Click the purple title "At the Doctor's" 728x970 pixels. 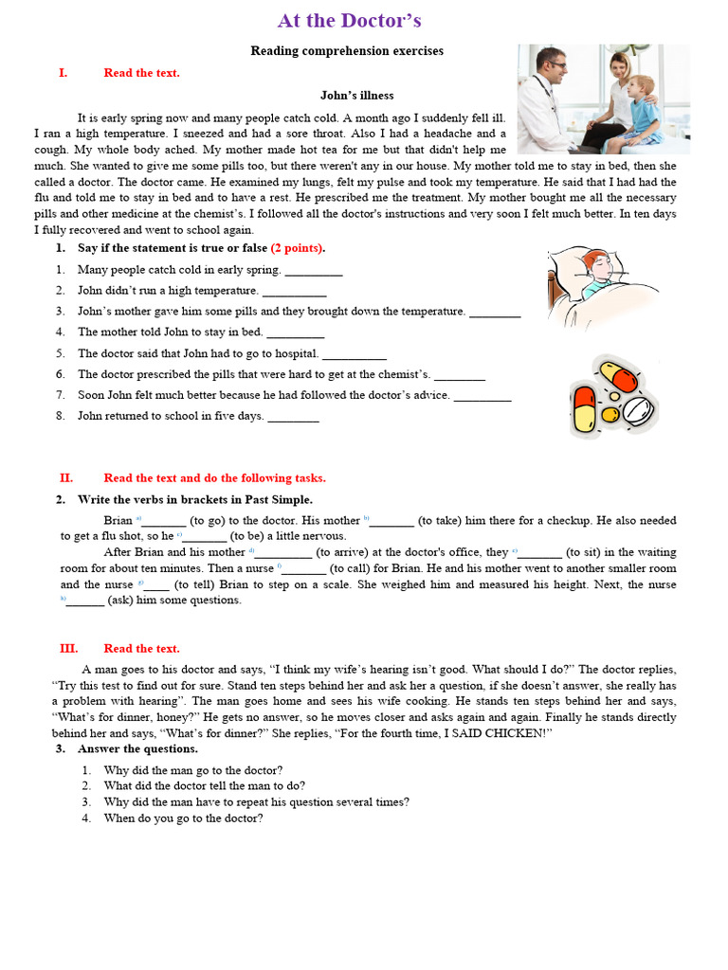click(x=349, y=21)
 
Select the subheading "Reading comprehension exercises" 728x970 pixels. click(x=347, y=51)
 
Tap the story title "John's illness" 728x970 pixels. click(x=356, y=96)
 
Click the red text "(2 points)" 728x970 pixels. click(x=298, y=248)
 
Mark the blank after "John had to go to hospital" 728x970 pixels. click(x=355, y=354)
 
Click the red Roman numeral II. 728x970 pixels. click(x=65, y=478)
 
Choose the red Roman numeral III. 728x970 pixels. click(x=68, y=649)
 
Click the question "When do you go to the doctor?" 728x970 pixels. click(x=183, y=818)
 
